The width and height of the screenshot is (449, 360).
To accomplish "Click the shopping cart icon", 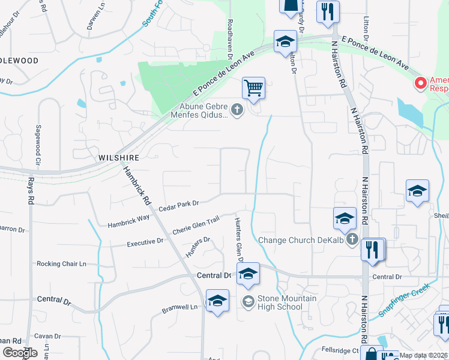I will click(254, 88).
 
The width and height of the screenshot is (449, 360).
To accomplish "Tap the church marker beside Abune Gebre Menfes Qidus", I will click(237, 109).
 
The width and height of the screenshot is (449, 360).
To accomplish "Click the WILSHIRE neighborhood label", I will click(119, 157).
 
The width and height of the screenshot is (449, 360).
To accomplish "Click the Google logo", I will click(19, 352).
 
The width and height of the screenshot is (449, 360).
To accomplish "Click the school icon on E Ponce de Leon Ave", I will click(285, 42).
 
